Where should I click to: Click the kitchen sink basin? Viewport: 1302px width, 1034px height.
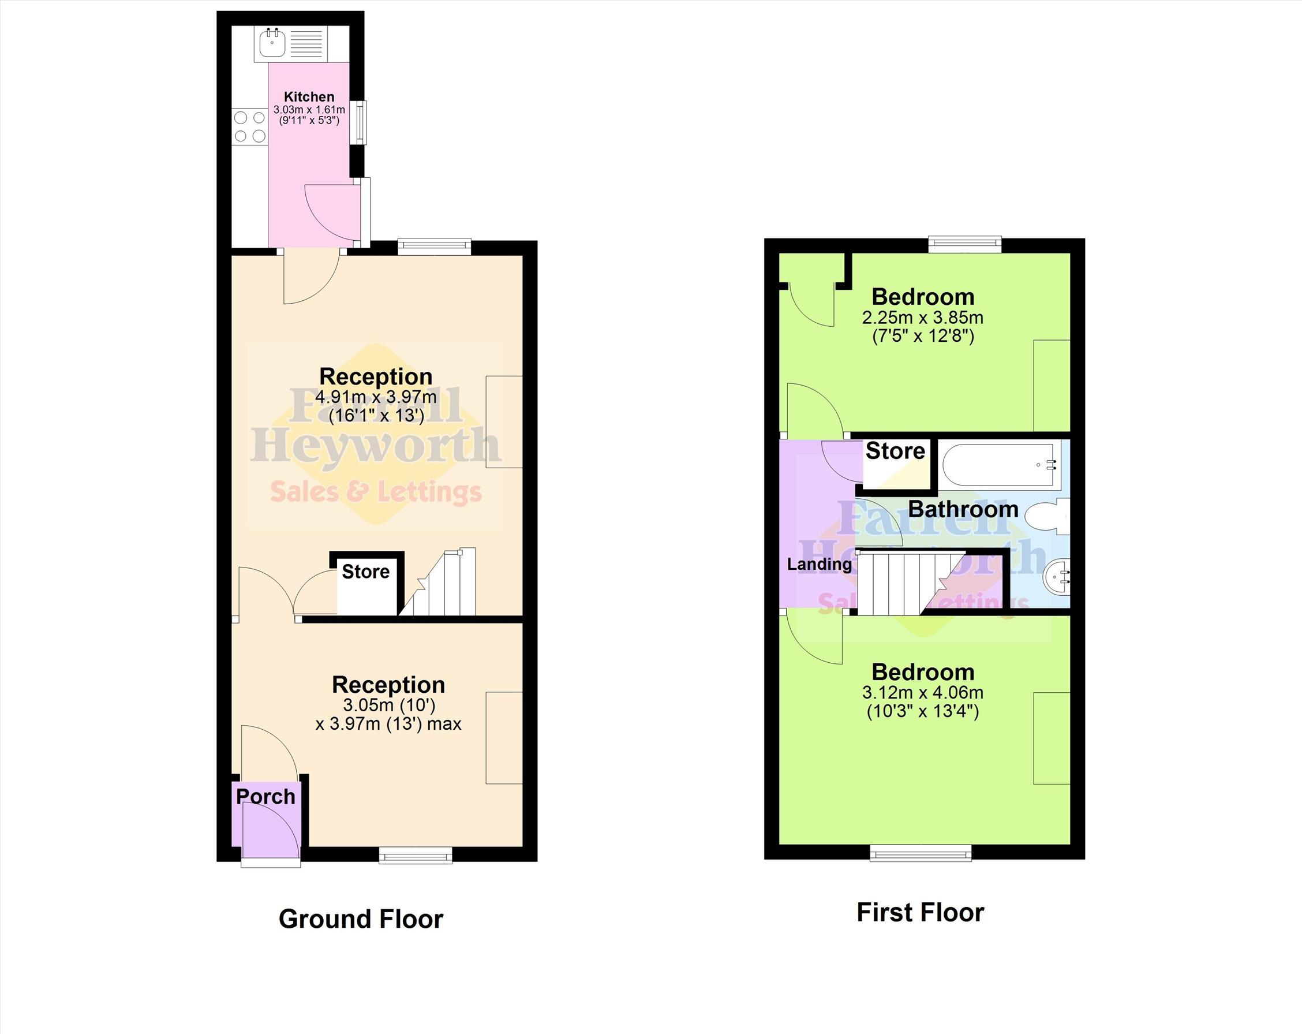[x=272, y=43]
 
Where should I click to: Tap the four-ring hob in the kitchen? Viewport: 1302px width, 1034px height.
[x=250, y=126]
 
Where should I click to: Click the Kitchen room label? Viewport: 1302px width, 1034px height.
[x=309, y=96]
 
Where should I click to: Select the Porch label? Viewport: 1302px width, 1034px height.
[x=265, y=797]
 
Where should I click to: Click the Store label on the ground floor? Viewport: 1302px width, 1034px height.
[x=365, y=572]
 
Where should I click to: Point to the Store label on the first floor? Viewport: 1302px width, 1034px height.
[x=895, y=450]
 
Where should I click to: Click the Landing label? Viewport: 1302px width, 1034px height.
[x=819, y=564]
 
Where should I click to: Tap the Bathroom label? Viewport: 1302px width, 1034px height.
[x=963, y=509]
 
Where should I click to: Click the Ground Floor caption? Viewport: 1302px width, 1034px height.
[x=361, y=919]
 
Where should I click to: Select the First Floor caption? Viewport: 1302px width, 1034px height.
[x=921, y=912]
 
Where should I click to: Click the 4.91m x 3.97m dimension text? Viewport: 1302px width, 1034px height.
[x=376, y=397]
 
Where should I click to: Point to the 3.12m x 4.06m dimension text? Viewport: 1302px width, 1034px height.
[x=923, y=692]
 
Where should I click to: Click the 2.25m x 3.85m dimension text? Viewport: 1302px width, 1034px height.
[x=923, y=317]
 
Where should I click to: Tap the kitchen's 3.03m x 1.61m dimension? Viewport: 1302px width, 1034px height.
[x=309, y=110]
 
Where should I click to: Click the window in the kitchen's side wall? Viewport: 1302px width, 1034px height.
[x=360, y=122]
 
